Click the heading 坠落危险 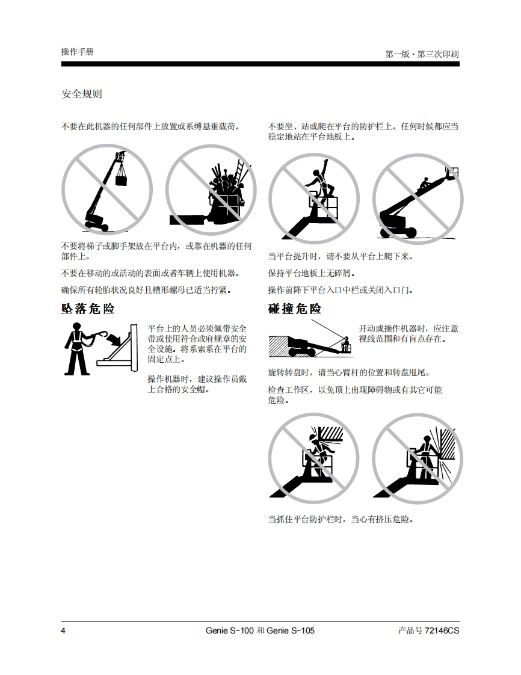tap(88, 309)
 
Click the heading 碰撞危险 tap(295, 309)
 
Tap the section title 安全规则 tap(82, 94)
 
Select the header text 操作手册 tap(78, 52)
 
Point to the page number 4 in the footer tap(63, 630)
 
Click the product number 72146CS tap(442, 630)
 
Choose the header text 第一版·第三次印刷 tap(422, 54)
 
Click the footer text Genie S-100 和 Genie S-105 tap(260, 630)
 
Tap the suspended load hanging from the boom tap(122, 178)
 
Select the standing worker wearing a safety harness tap(78, 349)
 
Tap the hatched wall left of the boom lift tap(278, 346)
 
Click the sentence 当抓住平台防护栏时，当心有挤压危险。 tap(341, 519)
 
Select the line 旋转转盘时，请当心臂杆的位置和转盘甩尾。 tap(349, 372)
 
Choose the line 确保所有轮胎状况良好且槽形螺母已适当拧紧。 tap(146, 290)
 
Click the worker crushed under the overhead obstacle tap(319, 452)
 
